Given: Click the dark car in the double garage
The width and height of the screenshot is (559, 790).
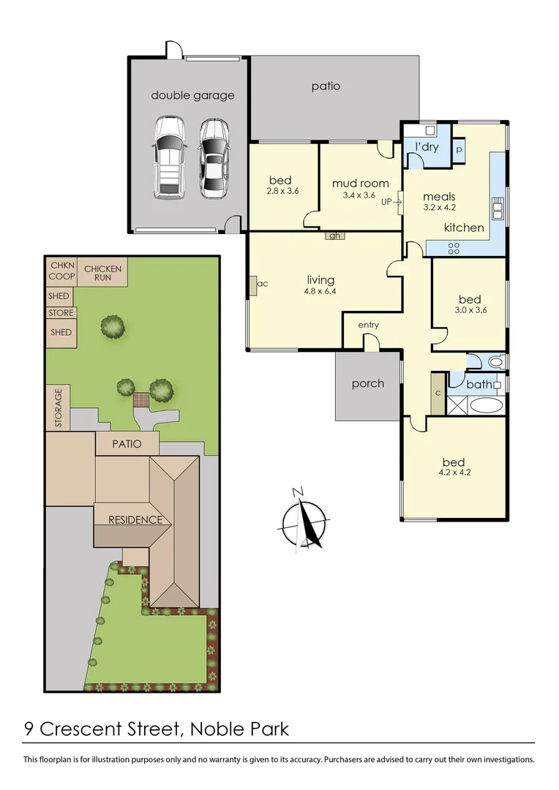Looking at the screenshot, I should coord(213,158).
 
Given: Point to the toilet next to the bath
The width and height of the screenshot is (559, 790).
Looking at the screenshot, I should coord(495,361).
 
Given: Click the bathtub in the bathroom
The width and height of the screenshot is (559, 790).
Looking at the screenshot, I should coord(484,405).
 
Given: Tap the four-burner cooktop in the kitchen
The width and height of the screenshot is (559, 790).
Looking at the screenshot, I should coord(454,248).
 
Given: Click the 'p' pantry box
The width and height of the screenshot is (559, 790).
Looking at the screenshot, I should coord(459,148).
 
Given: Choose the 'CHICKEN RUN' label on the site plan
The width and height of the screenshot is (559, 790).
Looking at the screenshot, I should coord(102,273).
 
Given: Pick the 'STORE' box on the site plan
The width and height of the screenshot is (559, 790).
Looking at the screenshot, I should coord(61,313).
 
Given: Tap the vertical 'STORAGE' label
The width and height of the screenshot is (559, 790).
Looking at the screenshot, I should coord(59,408).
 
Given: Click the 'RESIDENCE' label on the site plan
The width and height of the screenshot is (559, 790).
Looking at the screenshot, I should coord(135,520).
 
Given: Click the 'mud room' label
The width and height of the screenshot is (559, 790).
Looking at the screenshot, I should coord(360,183).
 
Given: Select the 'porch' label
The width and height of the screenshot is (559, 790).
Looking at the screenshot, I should coord(367,383).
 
